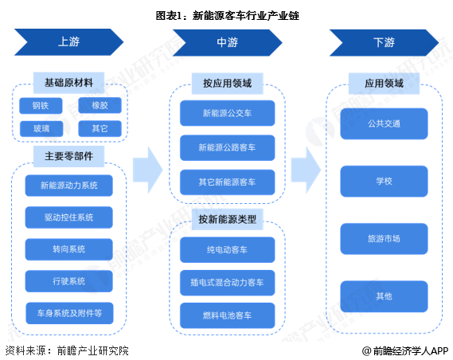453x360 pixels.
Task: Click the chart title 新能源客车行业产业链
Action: point(227,15)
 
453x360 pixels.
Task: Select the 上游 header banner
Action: point(68,42)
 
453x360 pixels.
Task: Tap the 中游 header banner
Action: point(227,42)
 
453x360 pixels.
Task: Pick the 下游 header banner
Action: point(384,42)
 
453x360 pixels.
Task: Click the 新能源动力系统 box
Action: point(69,186)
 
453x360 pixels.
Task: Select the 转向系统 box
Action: point(69,248)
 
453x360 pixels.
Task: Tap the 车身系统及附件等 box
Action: point(69,311)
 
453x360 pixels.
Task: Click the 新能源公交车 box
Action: point(228,113)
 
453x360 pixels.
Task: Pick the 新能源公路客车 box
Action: point(228,147)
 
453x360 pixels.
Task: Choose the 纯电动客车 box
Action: point(228,249)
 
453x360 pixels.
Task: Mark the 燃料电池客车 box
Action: point(228,316)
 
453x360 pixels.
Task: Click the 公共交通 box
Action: point(385,123)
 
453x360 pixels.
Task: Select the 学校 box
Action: point(385,181)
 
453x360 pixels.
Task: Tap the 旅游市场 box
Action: point(385,238)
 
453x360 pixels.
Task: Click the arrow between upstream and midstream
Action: point(147,169)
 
